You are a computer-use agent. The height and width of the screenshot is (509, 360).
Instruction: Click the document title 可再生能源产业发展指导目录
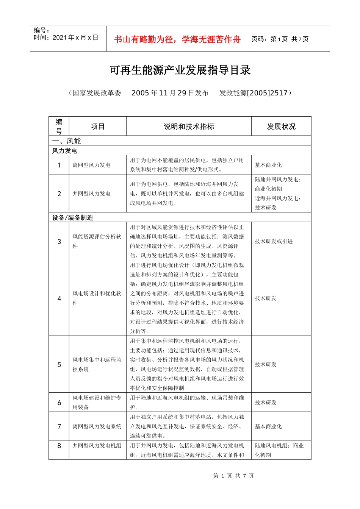tap(180, 70)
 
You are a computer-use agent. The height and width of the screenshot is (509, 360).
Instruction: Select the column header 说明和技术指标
tap(189, 126)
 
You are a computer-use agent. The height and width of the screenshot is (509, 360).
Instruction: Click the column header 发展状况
tap(281, 126)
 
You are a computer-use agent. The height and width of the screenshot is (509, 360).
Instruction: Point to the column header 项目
tap(97, 126)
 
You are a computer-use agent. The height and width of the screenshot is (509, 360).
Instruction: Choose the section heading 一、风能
tap(67, 141)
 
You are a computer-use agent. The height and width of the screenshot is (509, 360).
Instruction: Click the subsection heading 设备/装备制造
tap(73, 217)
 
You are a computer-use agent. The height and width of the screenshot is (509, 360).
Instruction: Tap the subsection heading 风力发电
tap(65, 151)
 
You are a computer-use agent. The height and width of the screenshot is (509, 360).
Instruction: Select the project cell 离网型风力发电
tap(92, 165)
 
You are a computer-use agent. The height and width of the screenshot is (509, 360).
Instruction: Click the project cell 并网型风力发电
tap(92, 194)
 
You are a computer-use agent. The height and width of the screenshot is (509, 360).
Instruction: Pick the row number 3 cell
tap(59, 241)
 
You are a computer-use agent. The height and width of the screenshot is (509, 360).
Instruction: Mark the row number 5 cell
tap(59, 364)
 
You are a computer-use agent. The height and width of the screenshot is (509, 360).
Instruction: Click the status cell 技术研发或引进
tap(274, 241)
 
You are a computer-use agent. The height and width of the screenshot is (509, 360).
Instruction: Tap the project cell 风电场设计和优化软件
tap(97, 298)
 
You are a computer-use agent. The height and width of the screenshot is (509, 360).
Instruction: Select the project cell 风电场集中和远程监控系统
tap(97, 364)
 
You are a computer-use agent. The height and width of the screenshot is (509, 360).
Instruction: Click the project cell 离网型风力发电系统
tap(97, 426)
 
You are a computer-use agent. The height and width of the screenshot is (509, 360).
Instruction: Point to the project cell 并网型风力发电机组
tap(97, 446)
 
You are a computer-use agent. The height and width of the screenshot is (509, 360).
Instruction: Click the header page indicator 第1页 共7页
tap(280, 39)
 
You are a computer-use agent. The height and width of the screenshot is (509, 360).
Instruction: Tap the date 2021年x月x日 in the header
tap(66, 37)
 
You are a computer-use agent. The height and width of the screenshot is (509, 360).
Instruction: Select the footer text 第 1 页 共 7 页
tap(233, 476)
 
